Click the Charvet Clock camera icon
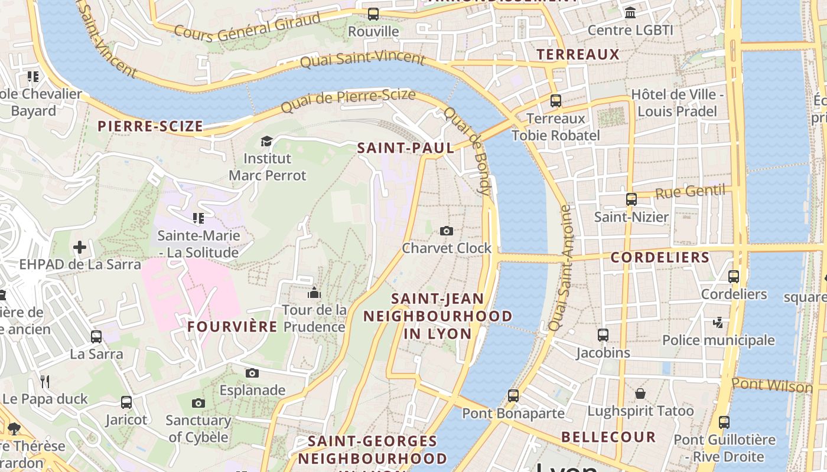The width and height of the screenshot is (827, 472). click(447, 231)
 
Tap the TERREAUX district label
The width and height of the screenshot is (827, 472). click(578, 55)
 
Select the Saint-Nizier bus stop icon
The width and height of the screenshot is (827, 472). click(631, 199)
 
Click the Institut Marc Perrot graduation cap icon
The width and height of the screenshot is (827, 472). click(267, 141)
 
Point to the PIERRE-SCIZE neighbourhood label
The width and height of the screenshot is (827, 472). click(150, 126)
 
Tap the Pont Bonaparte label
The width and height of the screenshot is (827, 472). click(513, 413)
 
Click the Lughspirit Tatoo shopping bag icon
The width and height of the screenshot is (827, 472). click(640, 394)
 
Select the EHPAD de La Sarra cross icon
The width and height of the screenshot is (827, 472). click(80, 247)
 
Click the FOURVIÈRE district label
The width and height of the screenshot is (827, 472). click(232, 327)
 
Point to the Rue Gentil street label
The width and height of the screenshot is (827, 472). click(690, 191)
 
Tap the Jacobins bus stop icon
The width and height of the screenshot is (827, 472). click(603, 335)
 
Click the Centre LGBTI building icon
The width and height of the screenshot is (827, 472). click(630, 12)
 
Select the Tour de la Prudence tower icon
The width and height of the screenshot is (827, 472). click(314, 293)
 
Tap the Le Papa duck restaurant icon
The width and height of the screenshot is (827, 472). click(45, 382)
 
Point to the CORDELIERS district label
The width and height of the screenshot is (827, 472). click(659, 258)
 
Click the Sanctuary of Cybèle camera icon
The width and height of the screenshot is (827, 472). click(198, 403)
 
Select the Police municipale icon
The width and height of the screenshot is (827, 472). click(718, 323)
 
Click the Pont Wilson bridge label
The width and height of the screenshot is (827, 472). click(771, 385)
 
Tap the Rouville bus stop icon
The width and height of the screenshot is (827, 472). click(373, 14)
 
